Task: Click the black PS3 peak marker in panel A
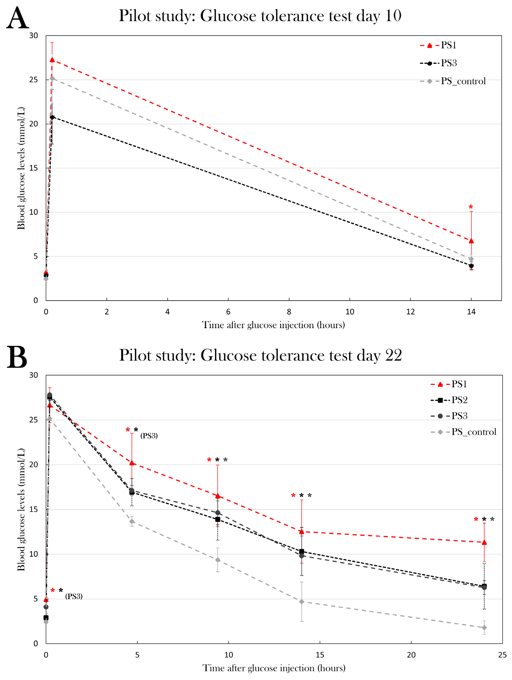tap(52, 117)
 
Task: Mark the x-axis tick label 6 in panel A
tap(228, 312)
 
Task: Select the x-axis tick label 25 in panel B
tap(502, 655)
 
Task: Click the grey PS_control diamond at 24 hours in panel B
tap(484, 627)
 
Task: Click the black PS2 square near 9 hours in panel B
tap(218, 519)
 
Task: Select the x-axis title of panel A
tap(273, 325)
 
